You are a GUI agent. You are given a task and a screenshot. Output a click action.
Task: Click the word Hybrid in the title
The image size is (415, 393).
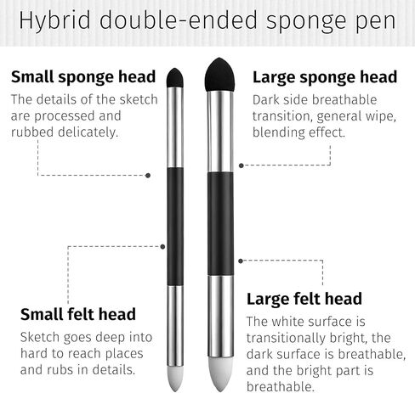(x=54, y=20)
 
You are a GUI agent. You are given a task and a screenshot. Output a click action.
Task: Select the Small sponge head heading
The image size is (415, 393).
(x=83, y=77)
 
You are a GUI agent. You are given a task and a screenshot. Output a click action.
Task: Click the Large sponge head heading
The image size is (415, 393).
(x=325, y=77)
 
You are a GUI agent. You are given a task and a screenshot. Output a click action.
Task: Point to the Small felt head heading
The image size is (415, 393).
(x=78, y=314)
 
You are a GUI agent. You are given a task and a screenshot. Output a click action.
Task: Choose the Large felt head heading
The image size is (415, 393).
(x=304, y=299)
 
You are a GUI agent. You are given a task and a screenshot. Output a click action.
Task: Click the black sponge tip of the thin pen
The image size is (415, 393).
(x=174, y=77)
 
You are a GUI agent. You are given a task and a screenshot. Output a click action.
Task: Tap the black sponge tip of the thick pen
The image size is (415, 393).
(x=219, y=75)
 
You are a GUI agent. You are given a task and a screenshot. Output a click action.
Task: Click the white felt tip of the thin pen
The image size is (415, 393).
(x=175, y=379)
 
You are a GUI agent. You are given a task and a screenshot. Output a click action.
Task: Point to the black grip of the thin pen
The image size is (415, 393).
(x=175, y=227)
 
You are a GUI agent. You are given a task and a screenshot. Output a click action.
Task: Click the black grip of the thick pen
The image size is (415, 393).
(x=220, y=223)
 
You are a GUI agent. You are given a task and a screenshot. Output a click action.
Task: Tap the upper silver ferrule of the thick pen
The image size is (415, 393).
(x=220, y=132)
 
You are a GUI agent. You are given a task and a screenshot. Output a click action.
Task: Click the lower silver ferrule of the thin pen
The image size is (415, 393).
(x=175, y=326)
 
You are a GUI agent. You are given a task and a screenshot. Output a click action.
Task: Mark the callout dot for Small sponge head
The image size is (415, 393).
(x=148, y=176)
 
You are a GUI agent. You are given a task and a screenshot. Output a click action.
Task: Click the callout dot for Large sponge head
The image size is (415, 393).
(x=242, y=166)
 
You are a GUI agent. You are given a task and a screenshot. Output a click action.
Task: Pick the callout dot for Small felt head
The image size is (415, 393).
(x=162, y=247)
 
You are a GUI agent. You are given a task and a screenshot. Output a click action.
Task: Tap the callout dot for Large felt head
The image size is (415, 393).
(x=241, y=261)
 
